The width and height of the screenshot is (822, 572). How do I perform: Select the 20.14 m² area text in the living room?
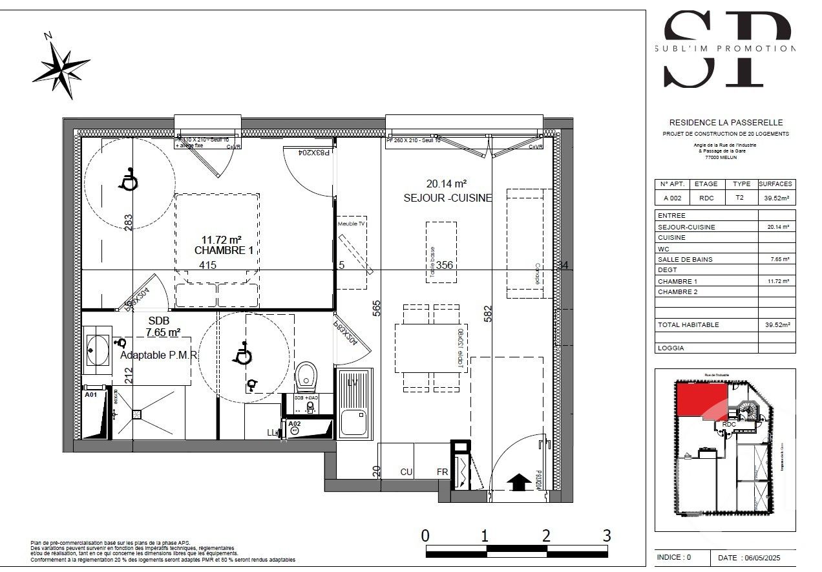click(446, 183)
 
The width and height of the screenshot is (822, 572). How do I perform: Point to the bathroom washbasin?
click(98, 350)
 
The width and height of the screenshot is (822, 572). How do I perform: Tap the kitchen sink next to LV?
click(354, 423)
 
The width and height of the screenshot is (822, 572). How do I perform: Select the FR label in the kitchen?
click(442, 472)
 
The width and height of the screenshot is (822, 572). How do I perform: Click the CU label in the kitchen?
click(406, 472)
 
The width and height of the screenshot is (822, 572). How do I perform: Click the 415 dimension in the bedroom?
click(207, 265)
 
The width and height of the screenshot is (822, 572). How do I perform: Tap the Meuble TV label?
click(352, 224)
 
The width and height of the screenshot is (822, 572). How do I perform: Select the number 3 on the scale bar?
click(606, 535)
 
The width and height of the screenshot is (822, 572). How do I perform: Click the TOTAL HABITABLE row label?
click(688, 325)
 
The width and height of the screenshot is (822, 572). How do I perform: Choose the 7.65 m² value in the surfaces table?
click(776, 260)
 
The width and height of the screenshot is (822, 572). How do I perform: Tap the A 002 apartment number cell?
click(671, 198)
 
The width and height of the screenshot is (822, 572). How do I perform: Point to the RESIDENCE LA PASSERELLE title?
click(725, 122)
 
